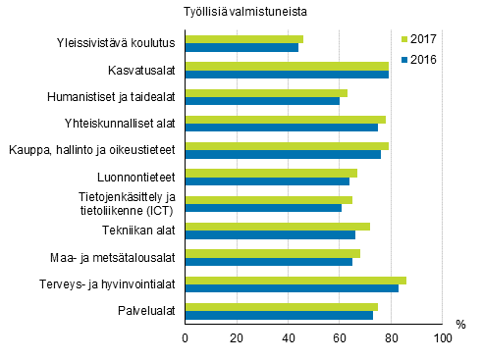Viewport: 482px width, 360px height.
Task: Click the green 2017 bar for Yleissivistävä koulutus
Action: click(244, 39)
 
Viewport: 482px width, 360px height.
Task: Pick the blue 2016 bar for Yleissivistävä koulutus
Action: click(241, 48)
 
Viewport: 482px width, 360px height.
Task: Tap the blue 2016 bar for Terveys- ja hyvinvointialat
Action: click(292, 288)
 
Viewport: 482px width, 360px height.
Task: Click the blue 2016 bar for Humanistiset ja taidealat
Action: click(262, 101)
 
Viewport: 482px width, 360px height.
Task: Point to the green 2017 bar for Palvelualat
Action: click(282, 307)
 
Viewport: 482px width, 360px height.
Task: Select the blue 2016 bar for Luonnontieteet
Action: click(267, 181)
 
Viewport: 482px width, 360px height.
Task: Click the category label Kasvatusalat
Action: click(141, 71)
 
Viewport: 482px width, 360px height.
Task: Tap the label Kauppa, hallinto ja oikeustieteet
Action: click(92, 150)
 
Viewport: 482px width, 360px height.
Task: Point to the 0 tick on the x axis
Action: click(186, 338)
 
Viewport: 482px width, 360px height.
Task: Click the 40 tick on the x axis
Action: click(289, 338)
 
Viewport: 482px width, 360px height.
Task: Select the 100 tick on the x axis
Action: click(443, 338)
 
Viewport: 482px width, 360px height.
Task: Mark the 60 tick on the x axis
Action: click(340, 338)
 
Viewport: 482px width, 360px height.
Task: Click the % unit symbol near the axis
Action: click(460, 325)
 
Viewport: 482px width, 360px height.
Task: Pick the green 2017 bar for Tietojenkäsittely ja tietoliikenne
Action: click(269, 199)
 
